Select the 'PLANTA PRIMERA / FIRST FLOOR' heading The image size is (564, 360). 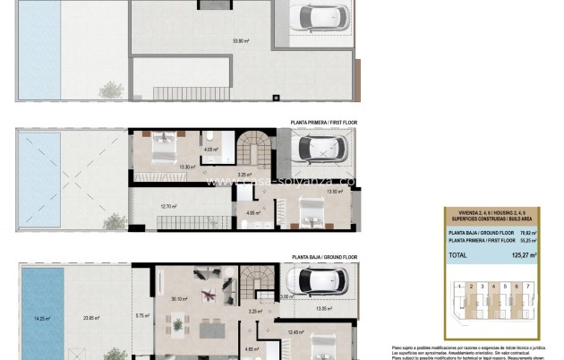pos(323,122)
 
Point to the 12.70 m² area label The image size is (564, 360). pos(167,206)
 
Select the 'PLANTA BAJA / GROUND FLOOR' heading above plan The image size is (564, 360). pos(323,256)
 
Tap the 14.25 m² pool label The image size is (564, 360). pos(41,317)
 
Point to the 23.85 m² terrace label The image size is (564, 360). pos(90,317)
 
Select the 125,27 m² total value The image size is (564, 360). pos(519,255)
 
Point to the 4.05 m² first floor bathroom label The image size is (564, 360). pos(211,150)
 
